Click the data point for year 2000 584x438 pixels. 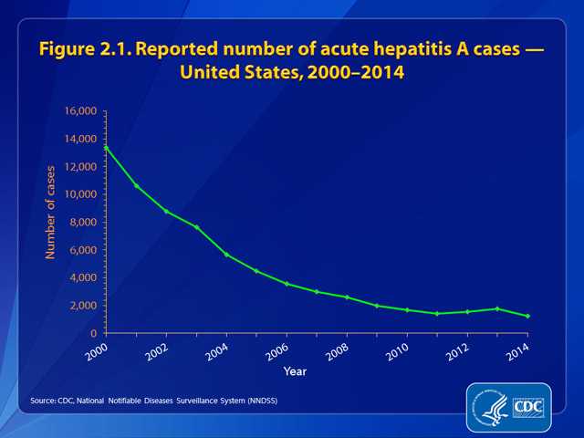[107, 147]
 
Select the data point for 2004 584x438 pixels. [227, 254]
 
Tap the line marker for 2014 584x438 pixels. [527, 316]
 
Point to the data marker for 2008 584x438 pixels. [347, 297]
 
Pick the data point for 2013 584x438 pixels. [497, 308]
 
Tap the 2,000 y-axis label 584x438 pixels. [85, 305]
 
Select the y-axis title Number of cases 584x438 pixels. [52, 210]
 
